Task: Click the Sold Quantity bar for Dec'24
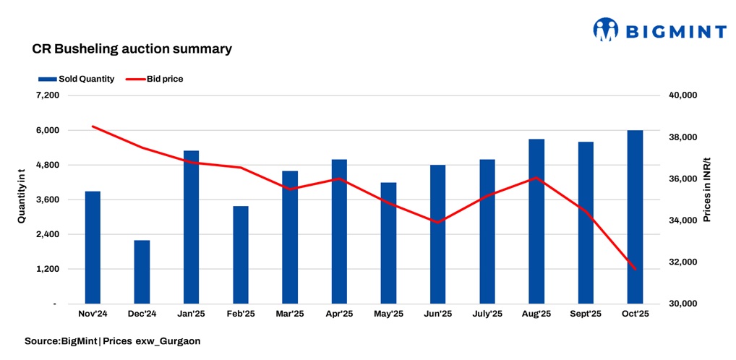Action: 142,272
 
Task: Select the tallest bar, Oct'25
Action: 635,217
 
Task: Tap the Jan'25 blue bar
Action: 191,227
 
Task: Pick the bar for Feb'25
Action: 241,254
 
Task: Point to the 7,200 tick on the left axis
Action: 47,95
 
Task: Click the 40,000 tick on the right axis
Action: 680,95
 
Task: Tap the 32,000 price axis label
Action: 680,262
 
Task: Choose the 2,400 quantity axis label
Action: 47,234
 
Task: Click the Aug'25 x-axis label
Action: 536,314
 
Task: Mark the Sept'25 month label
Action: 586,314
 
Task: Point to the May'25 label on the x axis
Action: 388,314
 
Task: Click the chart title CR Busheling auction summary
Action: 132,49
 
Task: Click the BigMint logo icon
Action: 606,30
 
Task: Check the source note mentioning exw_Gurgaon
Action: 112,340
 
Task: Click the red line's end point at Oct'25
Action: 635,269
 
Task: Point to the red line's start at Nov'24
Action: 93,127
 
